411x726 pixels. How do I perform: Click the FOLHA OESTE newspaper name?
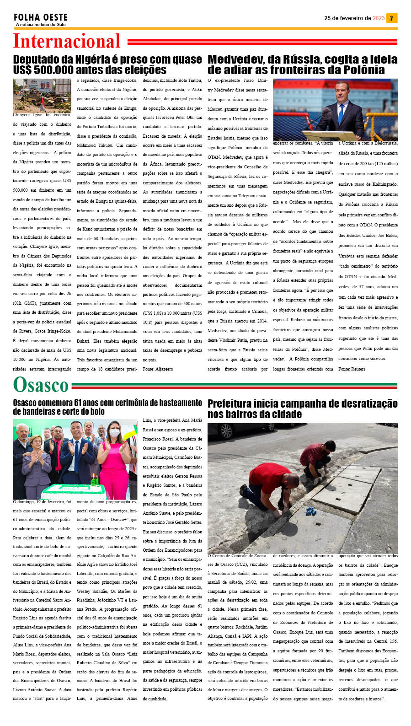tap(40, 17)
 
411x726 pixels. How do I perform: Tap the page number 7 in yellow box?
tap(391, 18)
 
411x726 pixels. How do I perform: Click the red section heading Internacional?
tap(67, 41)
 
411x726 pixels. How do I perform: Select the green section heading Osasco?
tap(41, 385)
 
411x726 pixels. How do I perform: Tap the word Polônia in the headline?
tap(363, 70)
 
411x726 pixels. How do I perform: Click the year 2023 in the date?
tap(379, 18)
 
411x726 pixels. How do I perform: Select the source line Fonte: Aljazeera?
tap(158, 369)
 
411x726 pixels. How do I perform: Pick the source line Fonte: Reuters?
tap(352, 369)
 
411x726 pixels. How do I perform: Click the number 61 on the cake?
tap(94, 481)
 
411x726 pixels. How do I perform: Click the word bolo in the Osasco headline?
tap(97, 412)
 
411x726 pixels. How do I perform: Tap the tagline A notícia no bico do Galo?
tap(41, 25)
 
